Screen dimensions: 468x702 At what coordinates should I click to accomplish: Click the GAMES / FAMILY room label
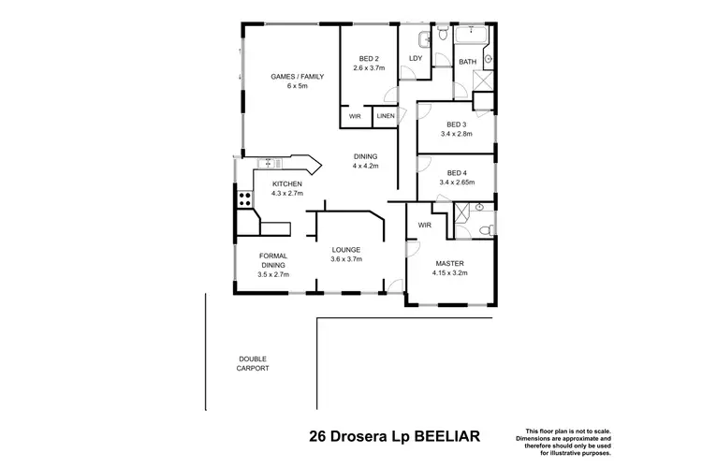[297, 77]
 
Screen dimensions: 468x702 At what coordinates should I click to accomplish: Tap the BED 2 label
[367, 59]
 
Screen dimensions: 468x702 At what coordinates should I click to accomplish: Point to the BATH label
[465, 62]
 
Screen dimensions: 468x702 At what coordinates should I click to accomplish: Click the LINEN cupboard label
[385, 117]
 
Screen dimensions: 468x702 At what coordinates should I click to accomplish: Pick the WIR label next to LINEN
[355, 117]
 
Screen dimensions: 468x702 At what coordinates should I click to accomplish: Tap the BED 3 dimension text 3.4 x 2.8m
[456, 134]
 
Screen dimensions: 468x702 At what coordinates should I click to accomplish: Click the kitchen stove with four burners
[243, 198]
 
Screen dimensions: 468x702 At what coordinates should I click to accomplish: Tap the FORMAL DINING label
[273, 260]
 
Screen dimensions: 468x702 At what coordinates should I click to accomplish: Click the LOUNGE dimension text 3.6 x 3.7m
[346, 259]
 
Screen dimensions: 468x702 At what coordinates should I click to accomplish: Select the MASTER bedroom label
[450, 263]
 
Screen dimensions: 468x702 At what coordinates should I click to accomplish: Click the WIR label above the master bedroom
[424, 226]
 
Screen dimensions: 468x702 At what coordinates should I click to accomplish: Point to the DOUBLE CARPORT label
[254, 364]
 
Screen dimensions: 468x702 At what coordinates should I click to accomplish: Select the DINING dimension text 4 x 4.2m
[366, 166]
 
